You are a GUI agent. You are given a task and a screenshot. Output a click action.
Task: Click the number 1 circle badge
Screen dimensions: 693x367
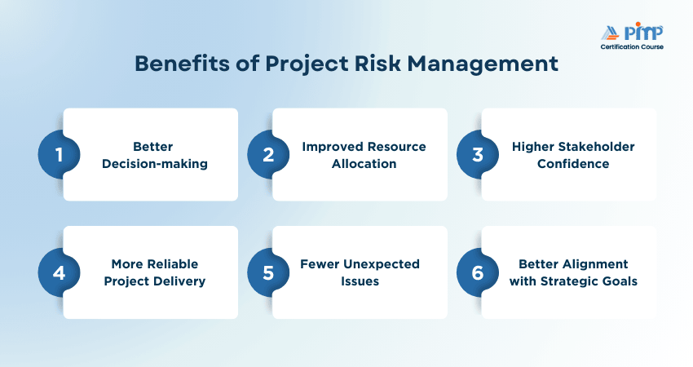[60, 155]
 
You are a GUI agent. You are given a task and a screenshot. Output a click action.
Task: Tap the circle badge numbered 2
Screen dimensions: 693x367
[268, 155]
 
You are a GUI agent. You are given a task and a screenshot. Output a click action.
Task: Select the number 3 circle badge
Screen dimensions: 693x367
[478, 155]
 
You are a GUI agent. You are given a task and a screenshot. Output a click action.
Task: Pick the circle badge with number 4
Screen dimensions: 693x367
[60, 273]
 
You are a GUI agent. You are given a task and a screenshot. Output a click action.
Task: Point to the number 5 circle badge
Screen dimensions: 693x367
[268, 273]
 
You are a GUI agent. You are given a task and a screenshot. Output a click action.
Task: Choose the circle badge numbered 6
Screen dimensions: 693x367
[478, 273]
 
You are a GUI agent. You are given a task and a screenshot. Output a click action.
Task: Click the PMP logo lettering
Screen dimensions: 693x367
[643, 32]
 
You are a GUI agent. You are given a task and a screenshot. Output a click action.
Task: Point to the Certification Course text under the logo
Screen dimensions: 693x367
[632, 46]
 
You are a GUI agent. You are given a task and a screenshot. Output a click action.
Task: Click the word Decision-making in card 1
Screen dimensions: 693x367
[155, 164]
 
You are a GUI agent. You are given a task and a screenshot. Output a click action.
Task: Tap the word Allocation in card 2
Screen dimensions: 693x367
[364, 164]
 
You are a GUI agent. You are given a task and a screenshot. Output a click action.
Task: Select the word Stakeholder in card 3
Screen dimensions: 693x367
[596, 147]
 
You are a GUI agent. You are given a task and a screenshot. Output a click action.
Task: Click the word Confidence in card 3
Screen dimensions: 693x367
[573, 164]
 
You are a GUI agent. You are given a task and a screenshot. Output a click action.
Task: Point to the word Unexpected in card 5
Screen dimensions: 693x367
[382, 264]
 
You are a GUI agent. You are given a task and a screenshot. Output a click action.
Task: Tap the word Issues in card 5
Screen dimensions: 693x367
[360, 281]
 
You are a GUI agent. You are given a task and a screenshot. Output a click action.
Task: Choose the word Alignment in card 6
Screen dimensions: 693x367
[595, 264]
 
